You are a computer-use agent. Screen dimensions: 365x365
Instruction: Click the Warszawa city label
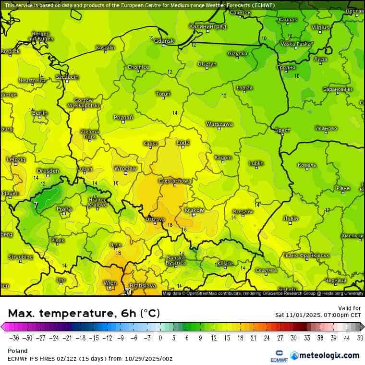(x=219, y=124)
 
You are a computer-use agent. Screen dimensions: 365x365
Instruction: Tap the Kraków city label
(x=194, y=210)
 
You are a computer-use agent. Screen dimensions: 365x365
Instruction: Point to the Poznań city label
(x=123, y=117)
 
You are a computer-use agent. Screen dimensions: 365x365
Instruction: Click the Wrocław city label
(x=126, y=169)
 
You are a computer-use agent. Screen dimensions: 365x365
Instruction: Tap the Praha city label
(x=64, y=209)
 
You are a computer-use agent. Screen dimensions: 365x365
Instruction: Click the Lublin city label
(x=256, y=163)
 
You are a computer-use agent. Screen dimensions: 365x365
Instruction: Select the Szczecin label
(x=67, y=77)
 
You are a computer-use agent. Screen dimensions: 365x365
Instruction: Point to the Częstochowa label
(x=175, y=181)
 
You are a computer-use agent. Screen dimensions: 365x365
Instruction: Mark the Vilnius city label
(x=320, y=27)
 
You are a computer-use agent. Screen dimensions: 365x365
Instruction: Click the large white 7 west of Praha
(x=36, y=205)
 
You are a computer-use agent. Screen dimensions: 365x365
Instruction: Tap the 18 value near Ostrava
(x=170, y=225)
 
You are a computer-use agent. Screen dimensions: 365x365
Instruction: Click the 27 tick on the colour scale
(x=280, y=338)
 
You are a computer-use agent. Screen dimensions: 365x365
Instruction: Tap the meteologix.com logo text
(x=329, y=355)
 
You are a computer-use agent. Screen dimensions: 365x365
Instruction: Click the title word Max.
(x=21, y=313)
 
